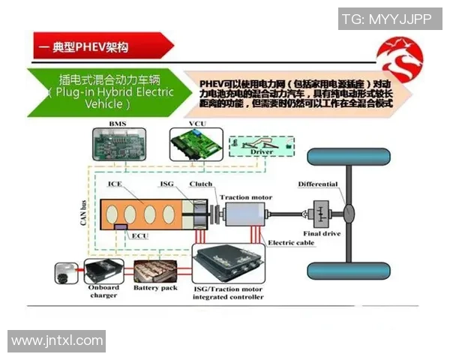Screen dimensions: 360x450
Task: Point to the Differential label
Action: [x=318, y=184]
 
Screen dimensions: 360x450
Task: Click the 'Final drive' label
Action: [x=322, y=233]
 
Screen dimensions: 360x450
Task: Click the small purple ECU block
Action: [x=120, y=226]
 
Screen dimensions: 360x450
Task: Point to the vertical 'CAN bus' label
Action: [x=78, y=206]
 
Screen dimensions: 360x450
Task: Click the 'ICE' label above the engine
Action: [x=114, y=184]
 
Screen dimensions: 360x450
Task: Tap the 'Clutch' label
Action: [x=200, y=184]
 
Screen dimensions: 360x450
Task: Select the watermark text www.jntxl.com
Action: [x=57, y=341]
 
